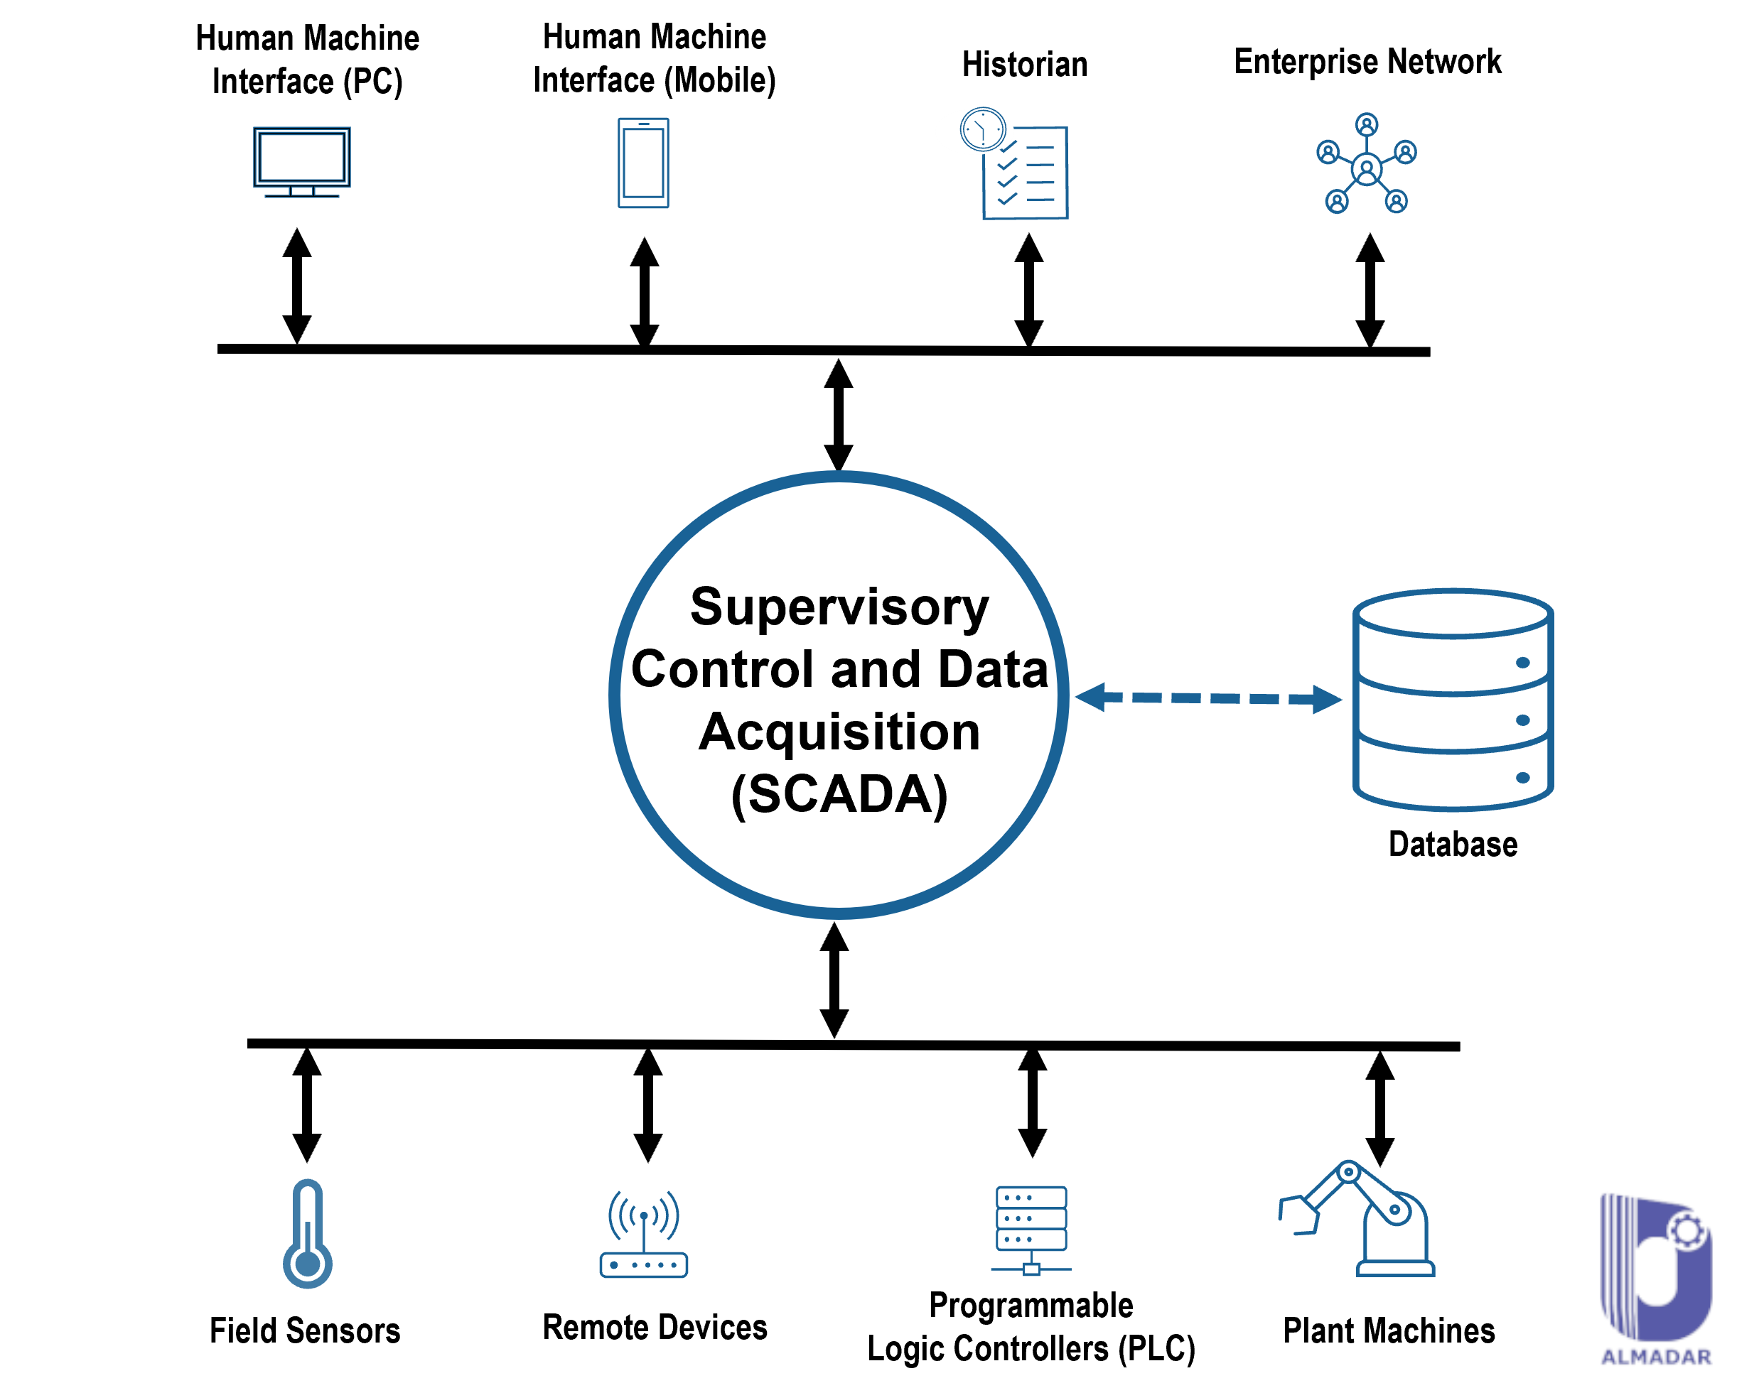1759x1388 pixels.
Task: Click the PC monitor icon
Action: click(x=301, y=161)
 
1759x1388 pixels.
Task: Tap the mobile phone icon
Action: click(x=643, y=163)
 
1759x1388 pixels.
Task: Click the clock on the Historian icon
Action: click(x=983, y=129)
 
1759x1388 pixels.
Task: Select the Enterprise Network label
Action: click(x=1367, y=62)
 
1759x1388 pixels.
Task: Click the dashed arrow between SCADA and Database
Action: click(x=1208, y=698)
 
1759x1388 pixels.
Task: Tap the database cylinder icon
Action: click(x=1453, y=700)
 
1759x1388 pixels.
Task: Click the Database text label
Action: click(x=1453, y=845)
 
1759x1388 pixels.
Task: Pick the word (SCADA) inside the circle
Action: click(x=839, y=794)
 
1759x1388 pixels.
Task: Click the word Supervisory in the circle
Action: click(x=839, y=607)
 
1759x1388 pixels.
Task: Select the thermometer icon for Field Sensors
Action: click(x=307, y=1235)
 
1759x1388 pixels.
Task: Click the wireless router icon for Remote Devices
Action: click(x=644, y=1235)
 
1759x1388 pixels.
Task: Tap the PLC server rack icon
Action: click(x=1031, y=1230)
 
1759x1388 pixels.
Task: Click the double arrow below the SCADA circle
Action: click(x=834, y=980)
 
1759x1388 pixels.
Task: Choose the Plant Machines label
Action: click(x=1388, y=1331)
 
